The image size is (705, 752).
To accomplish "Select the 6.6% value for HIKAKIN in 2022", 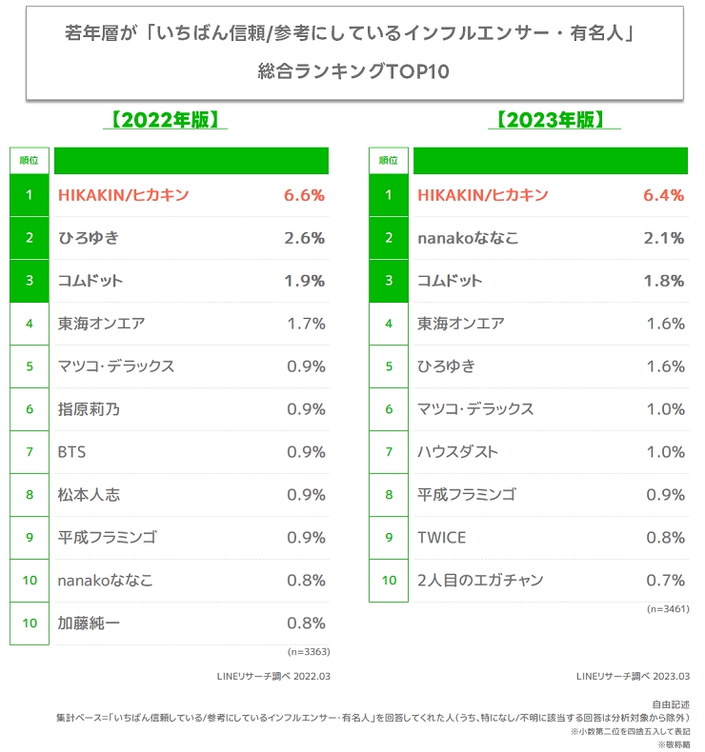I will (x=304, y=195).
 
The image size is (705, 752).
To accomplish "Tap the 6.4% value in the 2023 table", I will (x=663, y=195).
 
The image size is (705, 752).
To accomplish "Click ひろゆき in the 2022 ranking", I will (x=88, y=238).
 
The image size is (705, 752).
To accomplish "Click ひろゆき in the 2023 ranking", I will (x=446, y=366).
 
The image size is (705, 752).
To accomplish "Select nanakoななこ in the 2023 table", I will (x=468, y=238).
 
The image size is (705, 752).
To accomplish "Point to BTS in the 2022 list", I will (x=71, y=452).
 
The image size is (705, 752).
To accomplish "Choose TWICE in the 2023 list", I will (x=441, y=538).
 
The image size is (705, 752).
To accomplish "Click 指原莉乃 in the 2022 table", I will (x=89, y=409).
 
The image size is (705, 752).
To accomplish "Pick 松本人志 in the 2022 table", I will (x=89, y=495).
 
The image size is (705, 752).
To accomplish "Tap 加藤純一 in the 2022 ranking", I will (x=89, y=623).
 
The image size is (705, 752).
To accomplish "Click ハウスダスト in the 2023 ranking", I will (x=458, y=452).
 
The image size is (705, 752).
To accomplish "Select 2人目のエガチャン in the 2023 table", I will (x=480, y=581).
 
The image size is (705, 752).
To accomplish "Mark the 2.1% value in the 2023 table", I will (x=663, y=238).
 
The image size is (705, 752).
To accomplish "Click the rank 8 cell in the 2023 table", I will (x=389, y=495).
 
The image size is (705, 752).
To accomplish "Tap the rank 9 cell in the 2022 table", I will (x=30, y=538).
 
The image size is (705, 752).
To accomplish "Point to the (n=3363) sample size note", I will (x=308, y=651).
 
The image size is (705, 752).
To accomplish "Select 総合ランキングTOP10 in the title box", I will (x=352, y=71).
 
